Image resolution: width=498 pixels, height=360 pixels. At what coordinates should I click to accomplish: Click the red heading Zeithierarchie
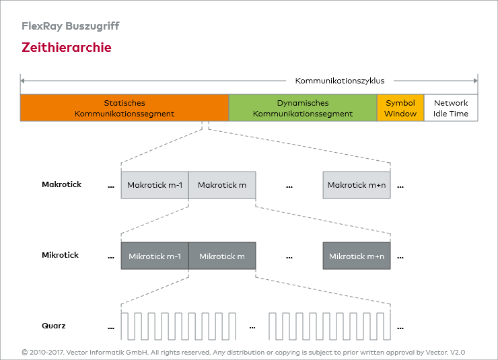(x=67, y=48)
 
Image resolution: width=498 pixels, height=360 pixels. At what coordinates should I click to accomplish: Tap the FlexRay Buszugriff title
(x=71, y=26)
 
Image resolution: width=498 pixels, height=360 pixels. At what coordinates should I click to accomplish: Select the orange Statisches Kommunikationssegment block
(x=124, y=108)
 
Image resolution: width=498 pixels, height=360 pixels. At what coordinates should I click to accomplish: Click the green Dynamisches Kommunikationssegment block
(x=303, y=108)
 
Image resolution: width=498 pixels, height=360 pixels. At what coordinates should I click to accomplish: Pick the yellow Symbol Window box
(x=400, y=108)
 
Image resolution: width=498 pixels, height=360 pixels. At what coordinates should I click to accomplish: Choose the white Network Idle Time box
(x=451, y=108)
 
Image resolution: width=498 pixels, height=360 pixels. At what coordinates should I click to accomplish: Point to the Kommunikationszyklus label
(x=340, y=81)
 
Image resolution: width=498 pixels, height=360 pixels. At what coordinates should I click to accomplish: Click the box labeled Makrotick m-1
(x=155, y=185)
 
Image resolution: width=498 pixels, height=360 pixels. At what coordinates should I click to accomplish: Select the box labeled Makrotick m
(x=222, y=185)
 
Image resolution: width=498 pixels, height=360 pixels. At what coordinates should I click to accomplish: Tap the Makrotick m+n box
(x=357, y=185)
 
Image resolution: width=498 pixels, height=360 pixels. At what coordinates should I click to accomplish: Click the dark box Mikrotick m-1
(x=155, y=256)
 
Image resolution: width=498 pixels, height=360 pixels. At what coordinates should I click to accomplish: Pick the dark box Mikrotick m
(x=222, y=256)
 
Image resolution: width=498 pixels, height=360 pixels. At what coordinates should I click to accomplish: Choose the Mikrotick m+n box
(x=357, y=256)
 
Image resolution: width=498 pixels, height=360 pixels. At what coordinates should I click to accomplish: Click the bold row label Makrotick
(x=61, y=184)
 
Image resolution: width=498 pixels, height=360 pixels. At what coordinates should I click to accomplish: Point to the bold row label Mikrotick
(x=60, y=255)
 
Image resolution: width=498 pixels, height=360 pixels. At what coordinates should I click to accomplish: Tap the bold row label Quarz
(x=54, y=326)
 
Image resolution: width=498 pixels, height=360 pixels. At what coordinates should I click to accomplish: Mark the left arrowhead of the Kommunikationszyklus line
(x=22, y=81)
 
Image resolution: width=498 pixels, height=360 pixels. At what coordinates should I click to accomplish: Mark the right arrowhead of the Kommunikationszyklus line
(x=476, y=81)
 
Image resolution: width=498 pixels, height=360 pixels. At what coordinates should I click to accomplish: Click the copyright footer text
(x=244, y=352)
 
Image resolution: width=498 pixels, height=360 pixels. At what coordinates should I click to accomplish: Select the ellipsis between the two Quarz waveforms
(x=252, y=328)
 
